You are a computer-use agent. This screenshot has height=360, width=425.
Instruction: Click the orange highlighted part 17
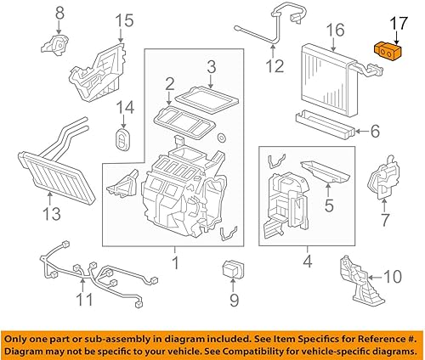(x=388, y=53)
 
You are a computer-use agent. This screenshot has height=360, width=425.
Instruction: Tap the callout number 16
(x=336, y=31)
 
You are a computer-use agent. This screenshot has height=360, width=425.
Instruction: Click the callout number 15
(x=124, y=20)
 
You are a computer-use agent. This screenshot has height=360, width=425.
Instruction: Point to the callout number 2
(x=169, y=83)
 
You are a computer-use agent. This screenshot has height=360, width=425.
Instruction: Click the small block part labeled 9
(x=231, y=269)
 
